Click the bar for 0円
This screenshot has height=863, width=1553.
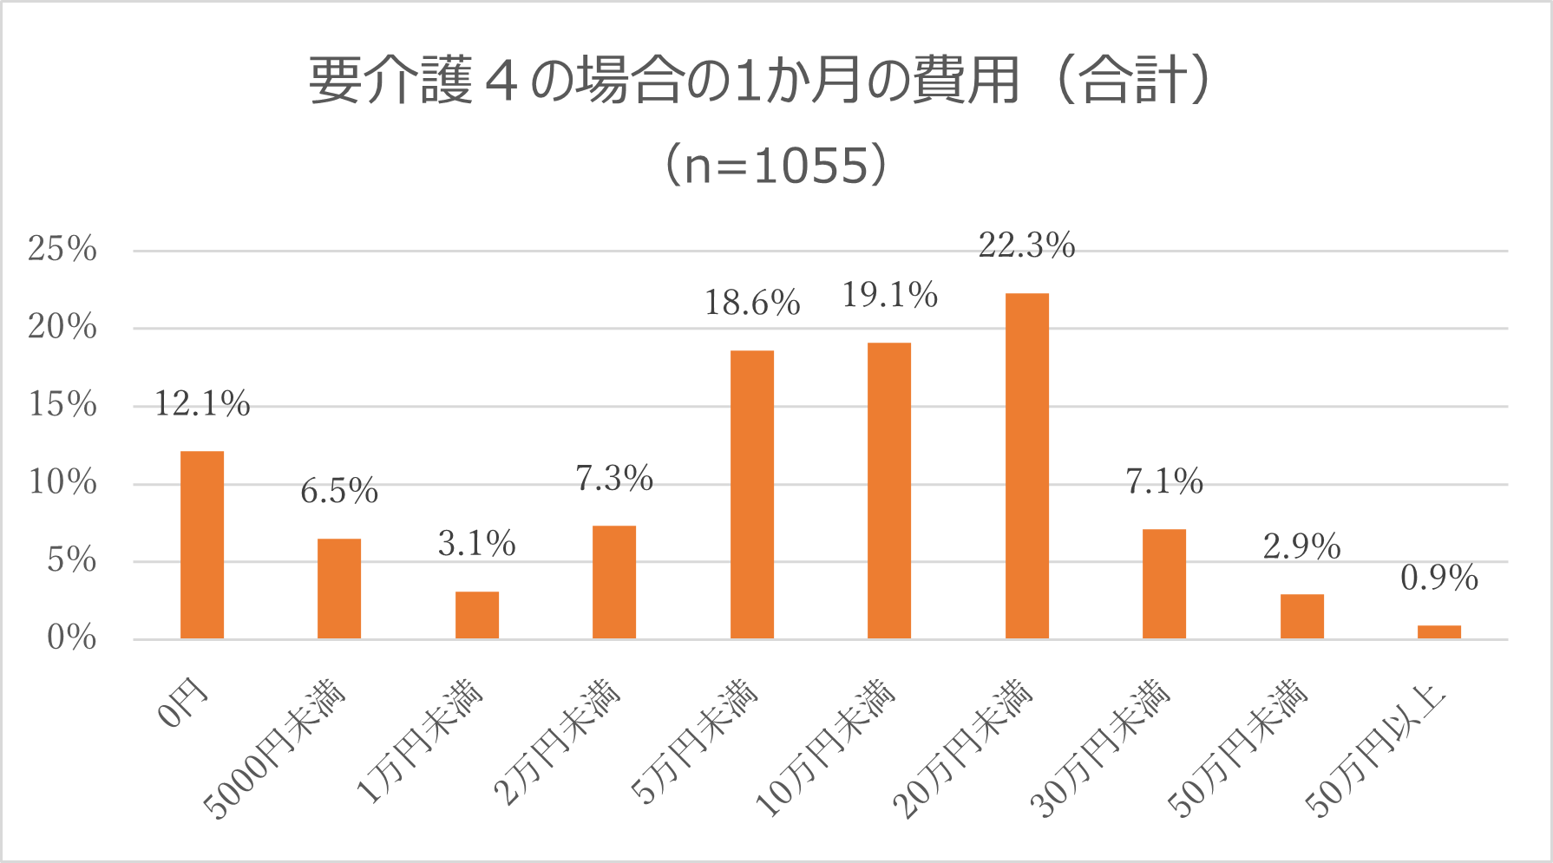(201, 545)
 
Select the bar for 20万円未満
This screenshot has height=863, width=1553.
(1026, 466)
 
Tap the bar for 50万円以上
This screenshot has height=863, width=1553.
(1438, 631)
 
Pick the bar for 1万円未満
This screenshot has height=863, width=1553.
(476, 615)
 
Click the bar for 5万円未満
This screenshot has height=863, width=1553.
(751, 494)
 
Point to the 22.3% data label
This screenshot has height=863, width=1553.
(1026, 246)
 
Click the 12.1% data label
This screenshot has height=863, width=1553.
(201, 404)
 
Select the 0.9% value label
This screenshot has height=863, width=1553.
(1438, 579)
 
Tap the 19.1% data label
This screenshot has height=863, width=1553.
(889, 296)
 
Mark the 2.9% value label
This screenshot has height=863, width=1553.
(1301, 547)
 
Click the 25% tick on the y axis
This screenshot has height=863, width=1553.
(62, 250)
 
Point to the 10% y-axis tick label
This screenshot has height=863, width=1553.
(62, 483)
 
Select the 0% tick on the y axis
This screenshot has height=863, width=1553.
(71, 638)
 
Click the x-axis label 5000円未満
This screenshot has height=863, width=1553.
(276, 750)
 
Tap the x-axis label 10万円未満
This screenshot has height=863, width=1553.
(826, 750)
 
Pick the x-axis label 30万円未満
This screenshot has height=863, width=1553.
(1101, 750)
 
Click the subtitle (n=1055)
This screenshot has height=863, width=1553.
(776, 165)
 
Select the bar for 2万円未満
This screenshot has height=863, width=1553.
(614, 582)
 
